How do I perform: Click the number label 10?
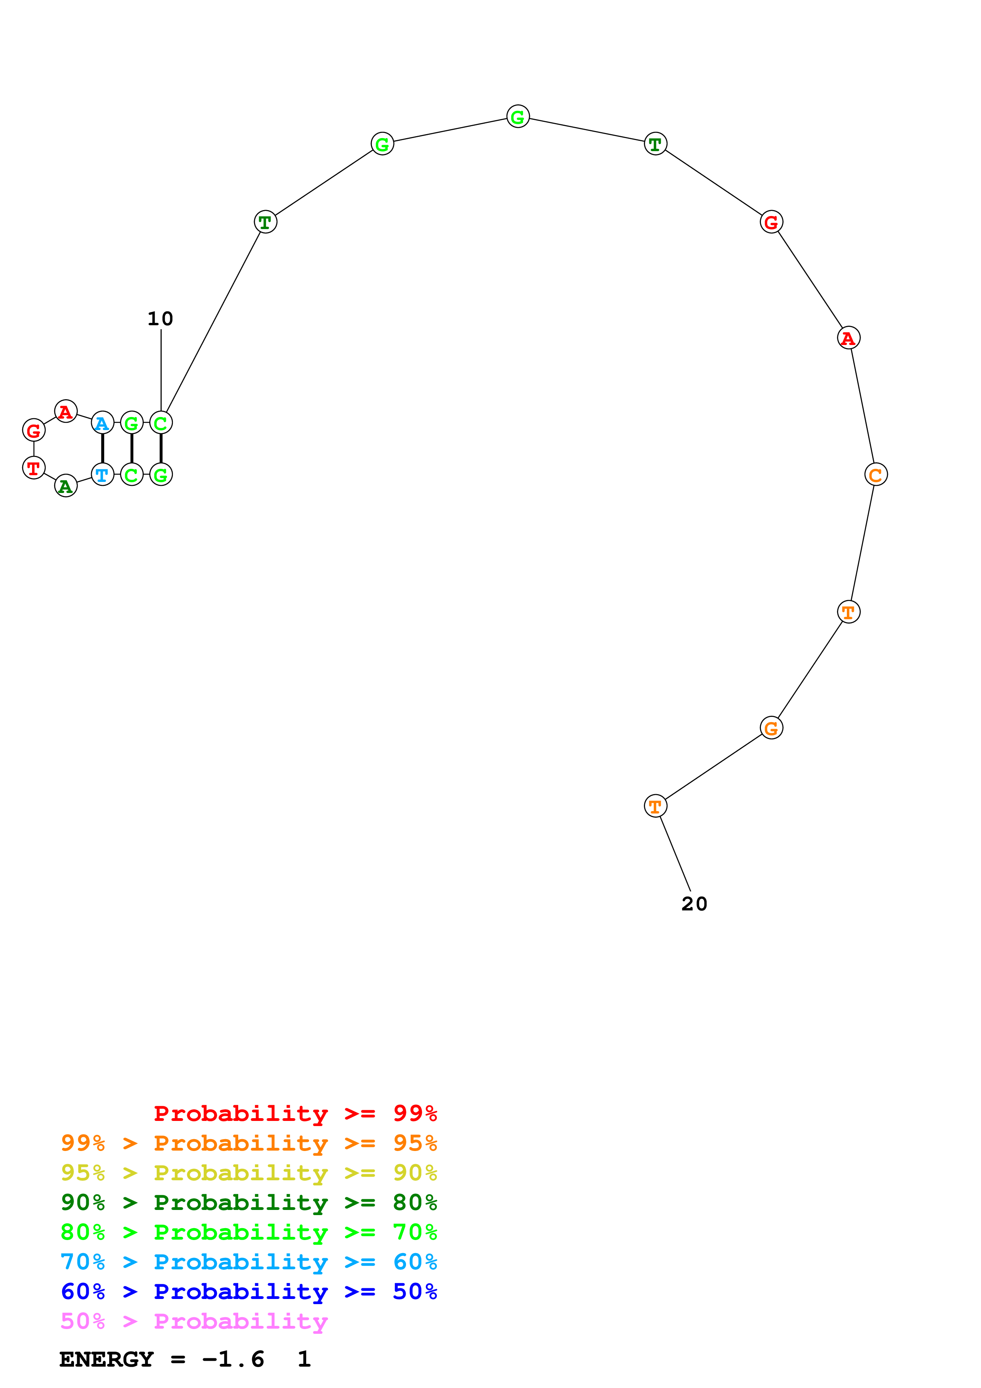[x=160, y=319]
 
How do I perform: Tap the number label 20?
[x=694, y=904]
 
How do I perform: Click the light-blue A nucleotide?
[x=102, y=423]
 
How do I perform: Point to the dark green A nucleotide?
[x=66, y=486]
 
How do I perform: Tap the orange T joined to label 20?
[x=655, y=806]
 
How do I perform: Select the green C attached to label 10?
[x=161, y=423]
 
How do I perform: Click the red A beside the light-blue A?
[x=66, y=411]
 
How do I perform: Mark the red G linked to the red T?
[x=33, y=430]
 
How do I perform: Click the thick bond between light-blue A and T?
[x=102, y=449]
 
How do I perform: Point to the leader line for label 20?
[x=675, y=853]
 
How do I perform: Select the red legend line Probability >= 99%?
[x=295, y=1113]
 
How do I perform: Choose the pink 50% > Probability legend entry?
[x=194, y=1322]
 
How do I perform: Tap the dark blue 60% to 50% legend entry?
[x=249, y=1291]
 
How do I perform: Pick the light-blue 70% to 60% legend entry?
[x=249, y=1262]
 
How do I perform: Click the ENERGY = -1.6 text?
[x=162, y=1359]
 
